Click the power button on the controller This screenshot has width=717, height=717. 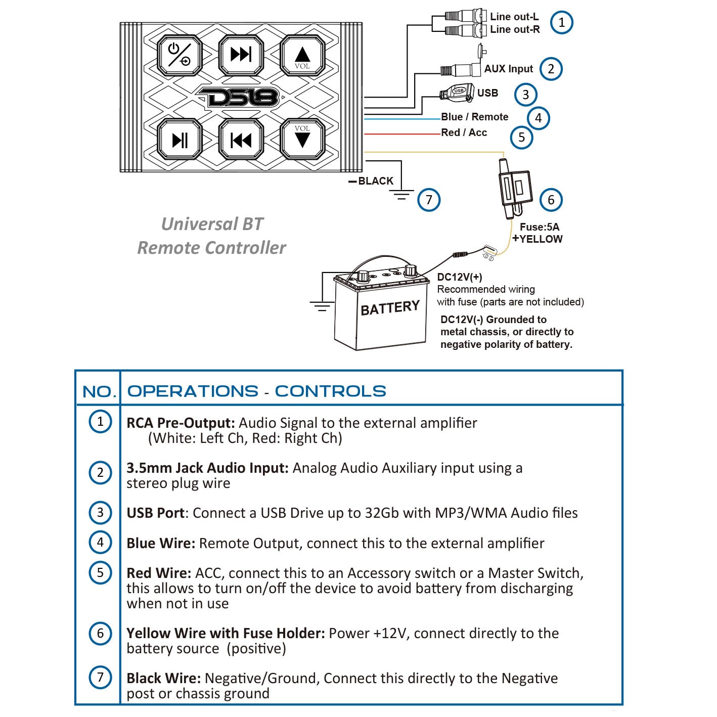[180, 55]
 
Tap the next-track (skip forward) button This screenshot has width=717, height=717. [241, 55]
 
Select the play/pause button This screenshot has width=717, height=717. [180, 140]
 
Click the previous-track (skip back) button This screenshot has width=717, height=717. [241, 140]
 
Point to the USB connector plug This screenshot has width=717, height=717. [457, 92]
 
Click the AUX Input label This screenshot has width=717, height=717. [509, 69]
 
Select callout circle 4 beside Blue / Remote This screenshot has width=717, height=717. [539, 118]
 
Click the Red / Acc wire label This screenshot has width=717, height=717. [464, 132]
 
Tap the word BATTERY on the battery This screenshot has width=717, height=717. [390, 307]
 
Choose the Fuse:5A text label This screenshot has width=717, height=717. [540, 227]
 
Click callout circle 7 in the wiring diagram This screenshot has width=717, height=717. [429, 200]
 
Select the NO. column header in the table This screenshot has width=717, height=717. [99, 391]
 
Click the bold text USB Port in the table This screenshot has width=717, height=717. [155, 513]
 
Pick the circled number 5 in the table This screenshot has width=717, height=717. [100, 573]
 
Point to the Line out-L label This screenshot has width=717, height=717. [514, 17]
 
